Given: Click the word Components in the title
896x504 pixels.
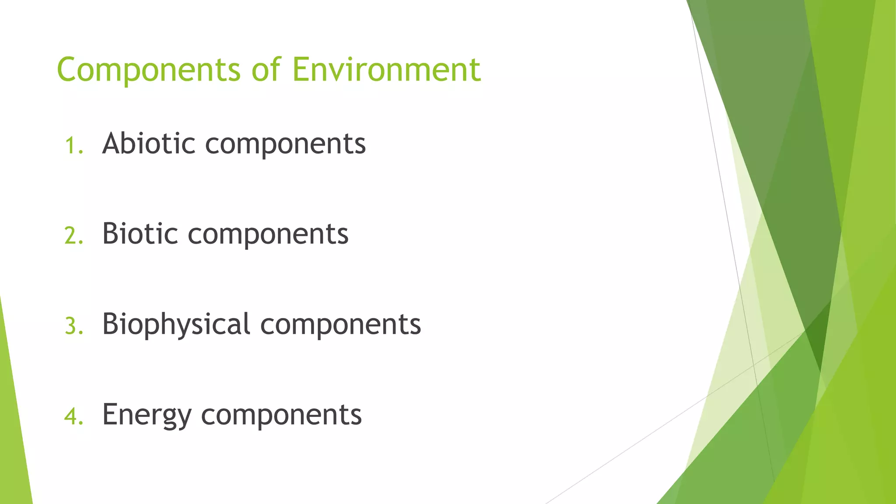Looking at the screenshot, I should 149,70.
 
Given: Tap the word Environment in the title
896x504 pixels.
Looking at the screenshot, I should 386,70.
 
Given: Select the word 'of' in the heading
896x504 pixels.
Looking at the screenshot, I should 266,70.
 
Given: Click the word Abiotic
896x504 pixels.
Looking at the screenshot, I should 149,143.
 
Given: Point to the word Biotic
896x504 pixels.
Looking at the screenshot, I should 140,234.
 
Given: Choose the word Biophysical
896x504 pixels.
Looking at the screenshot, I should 176,325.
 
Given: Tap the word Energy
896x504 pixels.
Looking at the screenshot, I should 147,415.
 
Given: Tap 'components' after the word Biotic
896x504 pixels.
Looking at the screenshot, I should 268,235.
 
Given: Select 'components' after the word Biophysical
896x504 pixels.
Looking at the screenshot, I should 340,325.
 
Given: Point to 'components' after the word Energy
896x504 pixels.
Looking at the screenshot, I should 281,416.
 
